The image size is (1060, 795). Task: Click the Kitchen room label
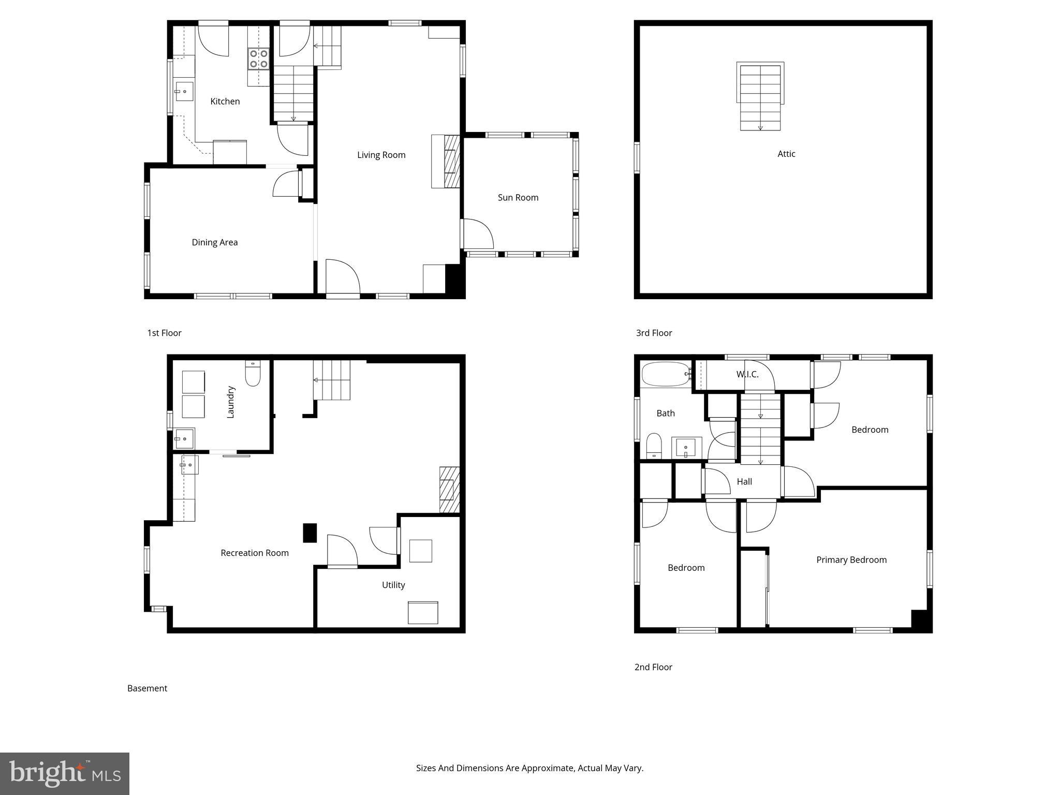point(225,101)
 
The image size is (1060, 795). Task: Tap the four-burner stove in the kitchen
point(258,58)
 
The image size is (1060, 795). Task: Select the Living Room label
point(381,155)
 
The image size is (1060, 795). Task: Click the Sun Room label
point(518,197)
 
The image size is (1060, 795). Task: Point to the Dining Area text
point(214,242)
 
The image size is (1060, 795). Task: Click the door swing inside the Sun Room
point(477,234)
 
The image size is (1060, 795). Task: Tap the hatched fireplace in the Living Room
point(451,161)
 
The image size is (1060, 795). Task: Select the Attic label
point(786,154)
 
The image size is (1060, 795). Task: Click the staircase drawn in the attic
point(760,97)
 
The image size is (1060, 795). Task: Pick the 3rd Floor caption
point(654,333)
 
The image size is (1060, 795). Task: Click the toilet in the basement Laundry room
point(253,374)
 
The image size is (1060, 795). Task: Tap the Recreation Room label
point(254,553)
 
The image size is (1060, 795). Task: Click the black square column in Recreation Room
point(310,533)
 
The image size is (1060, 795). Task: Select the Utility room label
point(393,585)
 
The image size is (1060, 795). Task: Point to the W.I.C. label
point(747,374)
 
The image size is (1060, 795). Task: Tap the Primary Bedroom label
point(851,560)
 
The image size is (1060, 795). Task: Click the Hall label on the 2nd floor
point(744,481)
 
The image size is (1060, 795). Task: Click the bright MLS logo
point(65,773)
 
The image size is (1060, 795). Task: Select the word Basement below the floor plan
point(147,688)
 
